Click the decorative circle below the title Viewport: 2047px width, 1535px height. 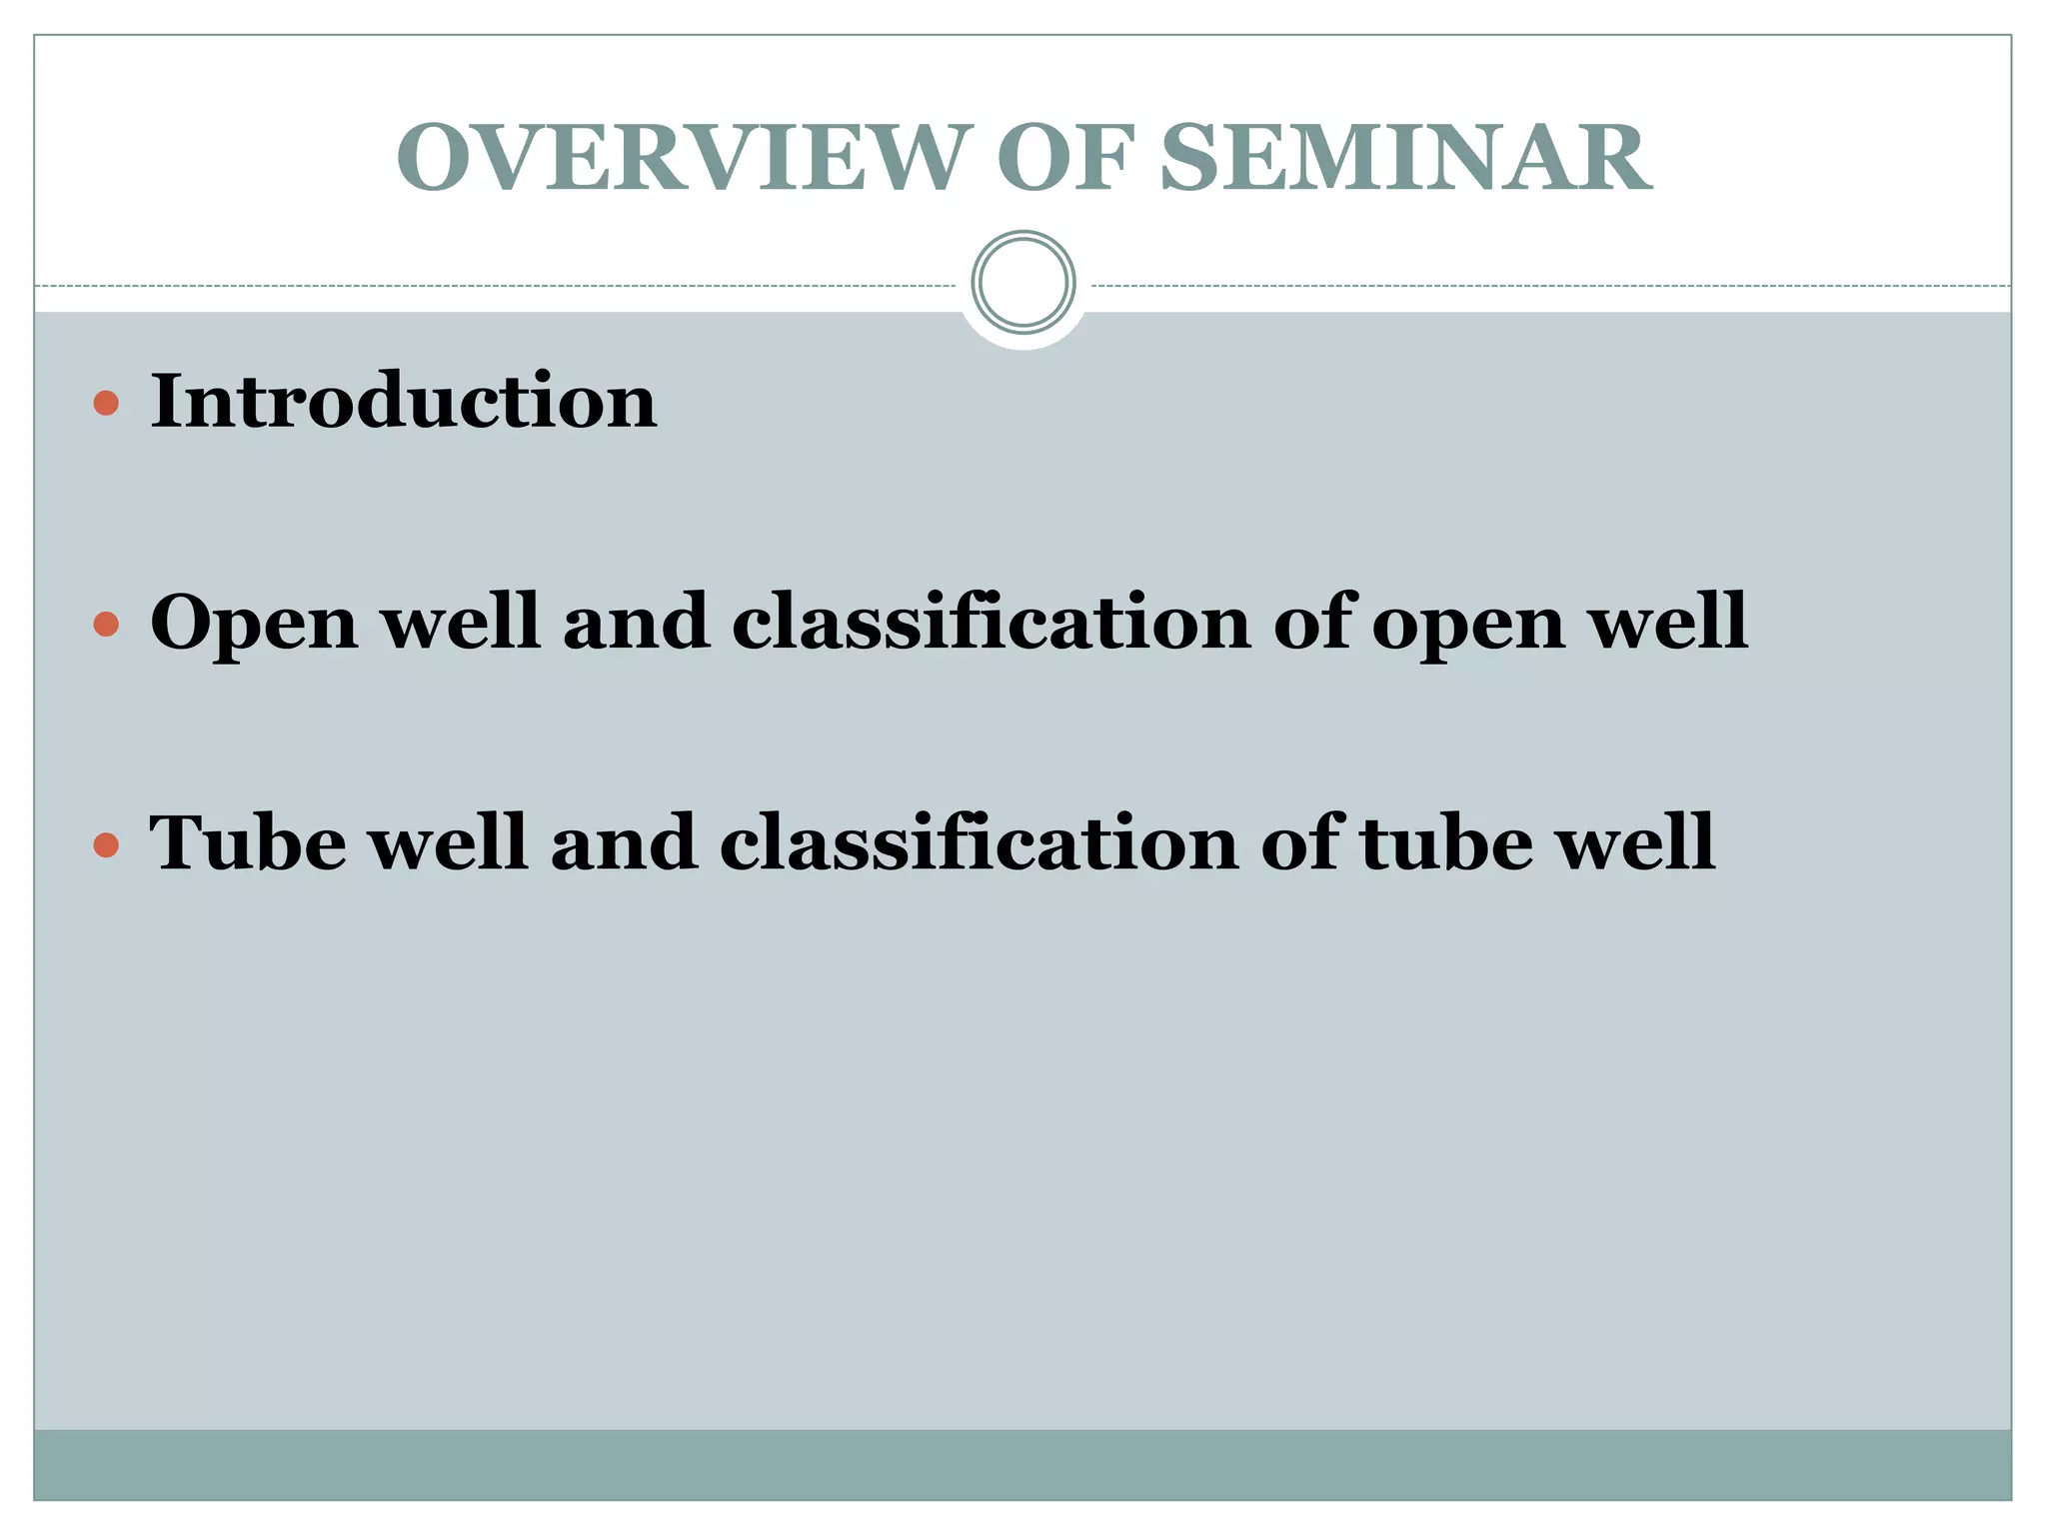1023,283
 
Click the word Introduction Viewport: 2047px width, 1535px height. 403,401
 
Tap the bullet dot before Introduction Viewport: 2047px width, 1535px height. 106,404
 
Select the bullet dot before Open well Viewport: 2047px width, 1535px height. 106,626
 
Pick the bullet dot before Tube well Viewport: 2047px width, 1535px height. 106,846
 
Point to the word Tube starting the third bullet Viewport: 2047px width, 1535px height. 247,843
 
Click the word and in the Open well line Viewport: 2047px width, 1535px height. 636,622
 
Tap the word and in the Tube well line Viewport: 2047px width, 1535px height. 623,843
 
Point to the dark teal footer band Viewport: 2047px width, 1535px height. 1023,1464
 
